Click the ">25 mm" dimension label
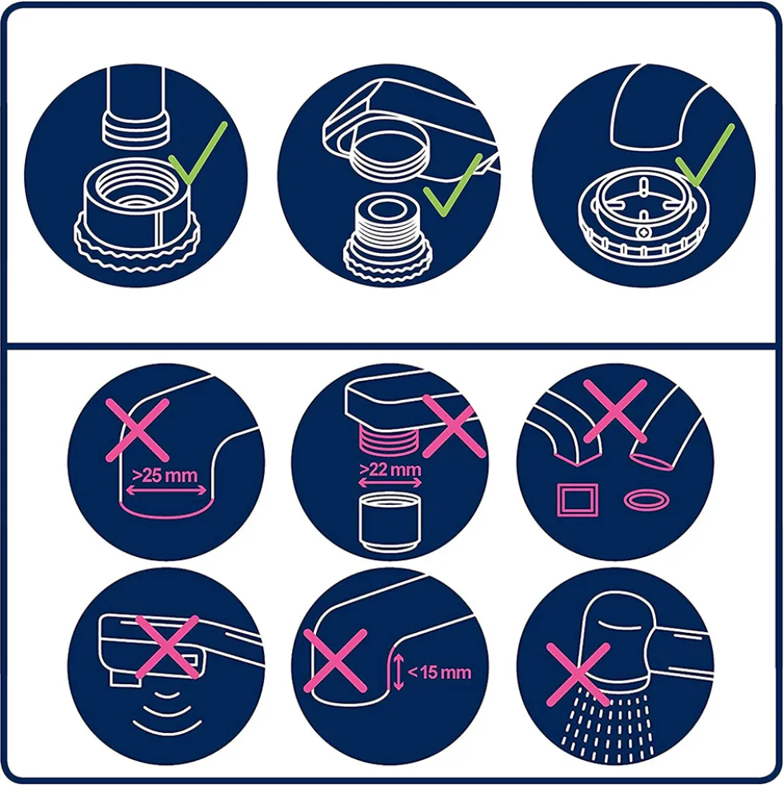(165, 475)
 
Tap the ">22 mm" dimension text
(390, 470)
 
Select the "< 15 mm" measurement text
(439, 672)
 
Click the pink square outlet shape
(578, 499)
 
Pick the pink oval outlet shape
(647, 499)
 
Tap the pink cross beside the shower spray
(578, 675)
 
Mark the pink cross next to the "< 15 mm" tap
(335, 661)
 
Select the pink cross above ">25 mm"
(138, 430)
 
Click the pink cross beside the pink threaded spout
(454, 426)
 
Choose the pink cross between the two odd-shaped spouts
(615, 411)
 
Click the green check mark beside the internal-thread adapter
(198, 153)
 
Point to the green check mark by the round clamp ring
(705, 154)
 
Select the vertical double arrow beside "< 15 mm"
(398, 672)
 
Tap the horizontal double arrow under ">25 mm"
(166, 491)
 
